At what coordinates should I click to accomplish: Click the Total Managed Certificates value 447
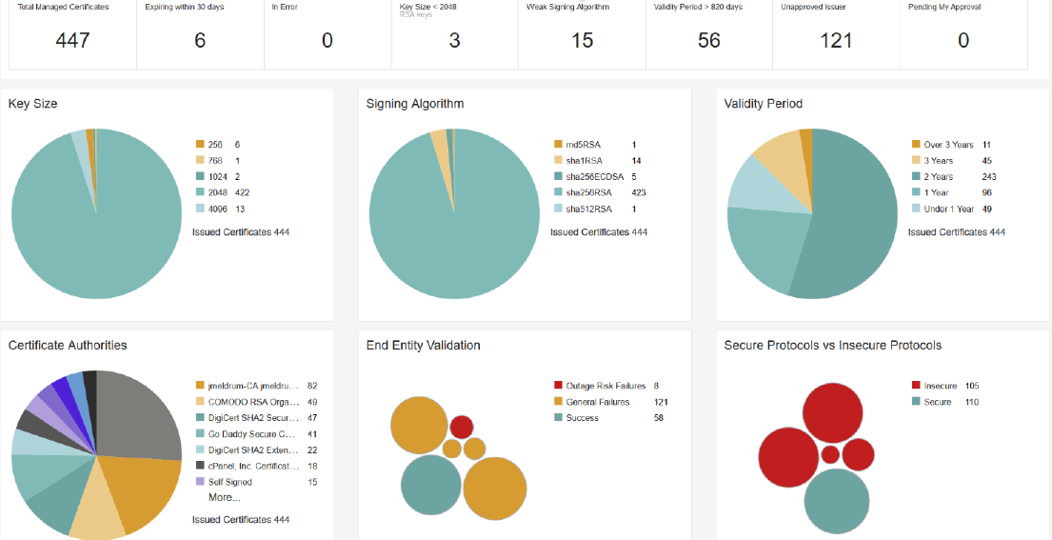point(72,40)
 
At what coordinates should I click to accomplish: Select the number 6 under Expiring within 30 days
point(200,40)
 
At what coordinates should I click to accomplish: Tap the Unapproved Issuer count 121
point(836,40)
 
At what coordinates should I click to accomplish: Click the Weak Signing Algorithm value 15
point(582,40)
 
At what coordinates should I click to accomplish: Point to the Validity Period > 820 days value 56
point(709,40)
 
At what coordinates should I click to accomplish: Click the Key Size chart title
point(33,103)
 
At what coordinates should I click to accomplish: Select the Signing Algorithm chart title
point(415,103)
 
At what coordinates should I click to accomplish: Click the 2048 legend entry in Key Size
point(217,192)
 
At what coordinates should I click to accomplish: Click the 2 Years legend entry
point(940,177)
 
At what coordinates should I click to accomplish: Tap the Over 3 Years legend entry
point(947,145)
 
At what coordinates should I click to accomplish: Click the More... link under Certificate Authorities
point(225,497)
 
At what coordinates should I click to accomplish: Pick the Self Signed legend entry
point(229,482)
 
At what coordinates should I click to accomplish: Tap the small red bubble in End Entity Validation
point(462,427)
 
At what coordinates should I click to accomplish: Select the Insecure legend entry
point(940,386)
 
